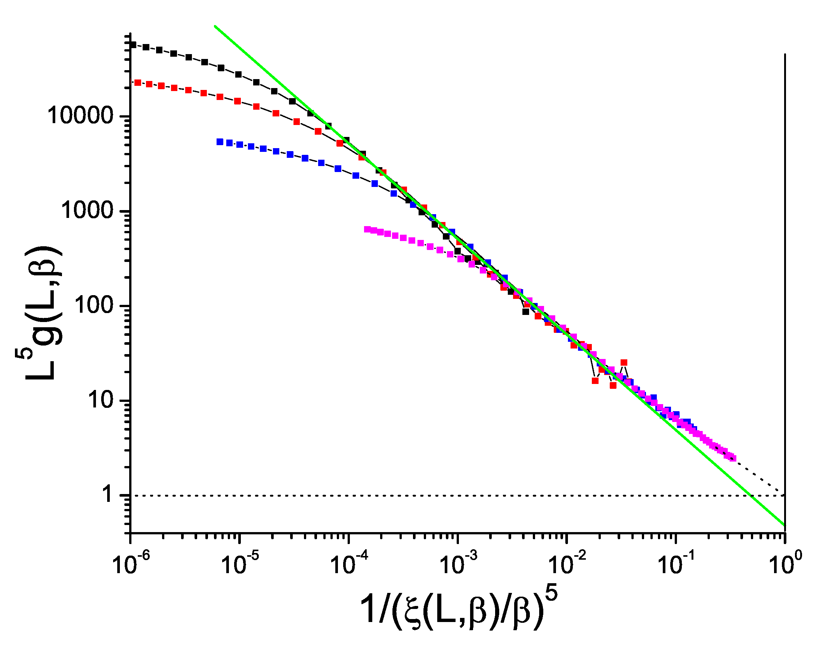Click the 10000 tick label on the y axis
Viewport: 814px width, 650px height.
[x=80, y=116]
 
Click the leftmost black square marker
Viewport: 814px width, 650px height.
[x=133, y=45]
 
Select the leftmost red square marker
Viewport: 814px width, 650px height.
[x=138, y=82]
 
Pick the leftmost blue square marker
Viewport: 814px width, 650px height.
[x=220, y=142]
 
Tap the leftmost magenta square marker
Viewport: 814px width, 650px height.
[x=367, y=229]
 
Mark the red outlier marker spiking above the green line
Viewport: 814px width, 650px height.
[x=624, y=363]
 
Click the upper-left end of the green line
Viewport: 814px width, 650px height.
[x=215, y=26]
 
